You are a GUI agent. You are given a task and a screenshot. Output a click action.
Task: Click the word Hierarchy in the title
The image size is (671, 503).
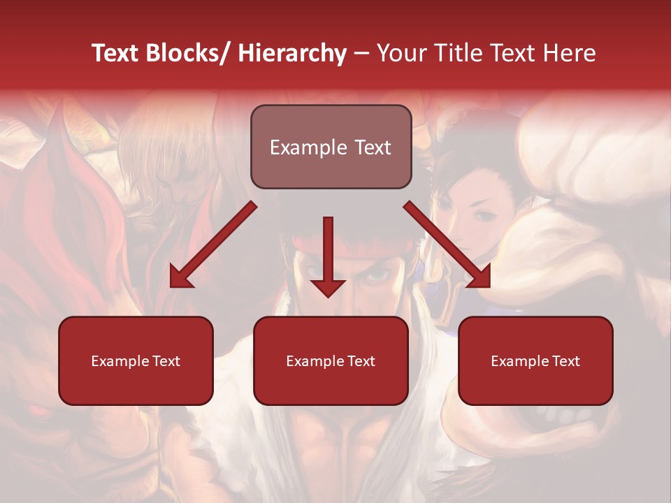coord(292,53)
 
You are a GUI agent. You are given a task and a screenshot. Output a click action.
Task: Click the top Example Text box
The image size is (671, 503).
coord(331,147)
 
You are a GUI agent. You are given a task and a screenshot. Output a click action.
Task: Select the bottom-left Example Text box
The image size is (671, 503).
coord(136,360)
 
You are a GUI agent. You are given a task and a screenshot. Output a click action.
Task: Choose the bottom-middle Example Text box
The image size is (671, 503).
coord(331,360)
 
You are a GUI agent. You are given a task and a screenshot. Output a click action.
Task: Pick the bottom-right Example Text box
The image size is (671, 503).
coord(535,360)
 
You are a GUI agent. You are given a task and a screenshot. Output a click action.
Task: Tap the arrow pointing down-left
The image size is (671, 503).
coord(213,245)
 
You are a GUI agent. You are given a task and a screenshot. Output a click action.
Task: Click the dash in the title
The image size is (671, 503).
coord(361,53)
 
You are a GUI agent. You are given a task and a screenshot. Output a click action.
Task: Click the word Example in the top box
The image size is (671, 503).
coord(298,147)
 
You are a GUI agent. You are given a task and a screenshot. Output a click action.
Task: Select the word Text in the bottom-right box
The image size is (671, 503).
coord(565,361)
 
